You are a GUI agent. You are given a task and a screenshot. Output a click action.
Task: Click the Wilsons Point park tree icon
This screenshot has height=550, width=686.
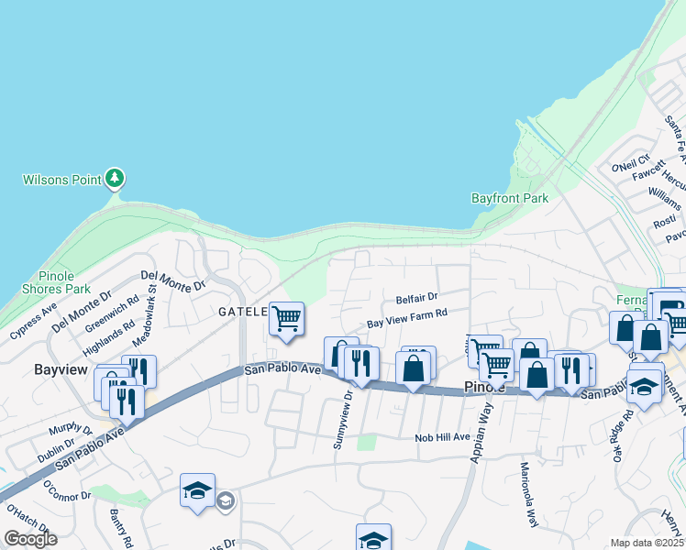115,178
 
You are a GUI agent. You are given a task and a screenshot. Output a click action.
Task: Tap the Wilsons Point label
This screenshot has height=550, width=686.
62,180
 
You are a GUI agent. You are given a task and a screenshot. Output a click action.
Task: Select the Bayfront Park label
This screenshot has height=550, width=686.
509,198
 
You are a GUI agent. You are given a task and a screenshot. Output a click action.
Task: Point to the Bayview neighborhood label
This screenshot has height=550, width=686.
60,370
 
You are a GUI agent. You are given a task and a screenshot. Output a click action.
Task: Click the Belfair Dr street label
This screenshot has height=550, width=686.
417,298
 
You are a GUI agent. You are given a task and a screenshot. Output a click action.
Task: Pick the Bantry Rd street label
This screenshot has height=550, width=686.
121,527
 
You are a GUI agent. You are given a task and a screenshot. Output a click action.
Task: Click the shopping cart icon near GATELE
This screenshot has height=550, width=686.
286,319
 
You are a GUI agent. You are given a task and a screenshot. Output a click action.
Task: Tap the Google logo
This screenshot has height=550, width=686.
31,539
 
